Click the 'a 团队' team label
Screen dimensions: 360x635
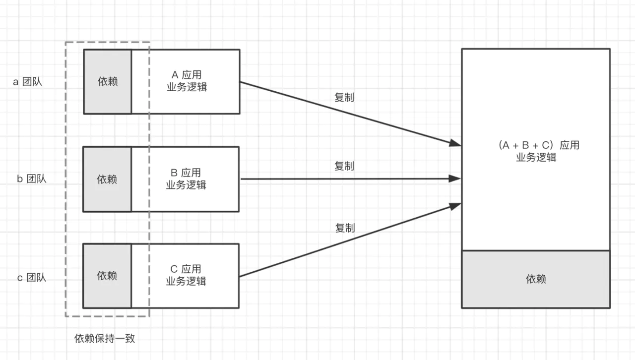[x=28, y=82]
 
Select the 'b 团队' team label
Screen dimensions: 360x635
[x=32, y=179]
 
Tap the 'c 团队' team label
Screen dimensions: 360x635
[x=32, y=278]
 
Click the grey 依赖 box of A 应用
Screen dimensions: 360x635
[x=108, y=82]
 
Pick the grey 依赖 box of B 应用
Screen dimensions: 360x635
[x=107, y=179]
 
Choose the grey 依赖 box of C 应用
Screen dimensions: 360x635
[x=107, y=276]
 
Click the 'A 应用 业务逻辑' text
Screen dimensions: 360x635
[x=186, y=81]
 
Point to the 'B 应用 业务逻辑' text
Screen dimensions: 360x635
[x=186, y=179]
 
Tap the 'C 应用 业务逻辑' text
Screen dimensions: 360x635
[x=186, y=275]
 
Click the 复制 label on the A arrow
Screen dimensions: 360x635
[x=344, y=98]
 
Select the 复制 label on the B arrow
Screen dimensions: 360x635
[x=344, y=166]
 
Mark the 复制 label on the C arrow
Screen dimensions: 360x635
[x=345, y=228]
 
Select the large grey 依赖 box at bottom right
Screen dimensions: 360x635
[x=536, y=279]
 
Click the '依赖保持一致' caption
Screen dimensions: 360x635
[x=105, y=339]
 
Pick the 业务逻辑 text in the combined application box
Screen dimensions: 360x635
[x=536, y=158]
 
